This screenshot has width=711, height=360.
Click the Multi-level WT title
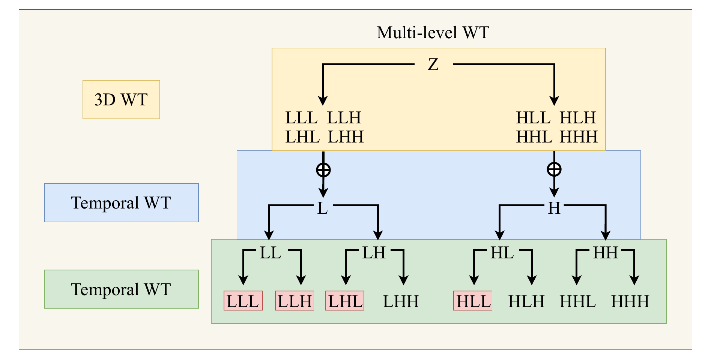tap(433, 33)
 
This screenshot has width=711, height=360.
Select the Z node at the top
tap(433, 65)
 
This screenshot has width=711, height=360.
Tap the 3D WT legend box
tap(121, 100)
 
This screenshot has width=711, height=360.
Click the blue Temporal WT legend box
tap(121, 203)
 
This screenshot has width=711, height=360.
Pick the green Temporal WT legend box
tap(121, 289)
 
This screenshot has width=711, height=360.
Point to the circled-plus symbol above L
tap(323, 170)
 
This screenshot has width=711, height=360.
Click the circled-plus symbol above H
tap(554, 169)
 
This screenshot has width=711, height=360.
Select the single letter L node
tap(323, 208)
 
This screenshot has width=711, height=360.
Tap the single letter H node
tap(554, 208)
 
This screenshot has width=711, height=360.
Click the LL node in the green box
tap(271, 253)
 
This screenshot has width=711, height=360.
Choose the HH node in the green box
tap(605, 253)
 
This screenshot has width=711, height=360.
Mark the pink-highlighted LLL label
tap(243, 301)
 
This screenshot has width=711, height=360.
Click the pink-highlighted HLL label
tap(473, 301)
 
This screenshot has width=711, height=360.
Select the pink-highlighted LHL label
tap(344, 301)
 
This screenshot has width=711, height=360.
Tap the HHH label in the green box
tap(630, 301)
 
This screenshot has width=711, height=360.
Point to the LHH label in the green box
tap(401, 301)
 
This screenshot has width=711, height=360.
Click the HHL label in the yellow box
tap(534, 137)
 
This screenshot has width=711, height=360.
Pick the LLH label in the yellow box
tap(344, 118)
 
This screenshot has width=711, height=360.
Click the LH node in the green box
tap(374, 253)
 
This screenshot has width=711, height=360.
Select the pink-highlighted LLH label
tap(295, 301)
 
